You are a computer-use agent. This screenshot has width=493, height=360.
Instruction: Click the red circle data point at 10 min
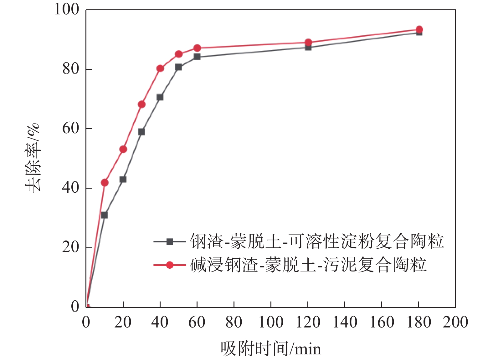(x=105, y=182)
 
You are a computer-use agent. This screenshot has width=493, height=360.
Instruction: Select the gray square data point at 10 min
(x=105, y=215)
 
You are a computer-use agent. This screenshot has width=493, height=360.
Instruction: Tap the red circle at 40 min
(x=160, y=68)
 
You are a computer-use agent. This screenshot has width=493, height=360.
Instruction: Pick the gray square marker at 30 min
(x=141, y=132)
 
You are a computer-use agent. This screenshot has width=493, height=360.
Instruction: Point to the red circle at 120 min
(x=308, y=42)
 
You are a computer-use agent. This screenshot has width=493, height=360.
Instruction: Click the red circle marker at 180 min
(x=419, y=30)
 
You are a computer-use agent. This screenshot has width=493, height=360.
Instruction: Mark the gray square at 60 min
(x=197, y=57)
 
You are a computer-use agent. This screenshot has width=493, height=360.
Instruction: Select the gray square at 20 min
(x=123, y=179)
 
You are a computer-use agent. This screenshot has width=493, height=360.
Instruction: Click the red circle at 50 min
(x=179, y=54)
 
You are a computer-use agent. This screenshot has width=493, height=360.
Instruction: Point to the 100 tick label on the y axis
(x=67, y=9)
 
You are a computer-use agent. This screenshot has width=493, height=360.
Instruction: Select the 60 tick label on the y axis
(x=71, y=128)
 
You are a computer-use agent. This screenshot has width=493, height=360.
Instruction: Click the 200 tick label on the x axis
(x=455, y=322)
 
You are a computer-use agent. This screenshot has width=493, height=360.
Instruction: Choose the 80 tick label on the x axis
(x=234, y=322)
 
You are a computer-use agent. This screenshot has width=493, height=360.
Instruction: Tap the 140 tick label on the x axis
(x=345, y=322)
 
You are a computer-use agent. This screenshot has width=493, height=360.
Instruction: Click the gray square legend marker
(x=170, y=241)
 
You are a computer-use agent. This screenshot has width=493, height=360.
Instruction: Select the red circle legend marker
(x=170, y=265)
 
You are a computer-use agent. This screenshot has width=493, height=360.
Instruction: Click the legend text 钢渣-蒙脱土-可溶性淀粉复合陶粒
(x=317, y=241)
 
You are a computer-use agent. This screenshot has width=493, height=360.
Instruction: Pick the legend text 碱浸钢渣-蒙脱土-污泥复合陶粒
(x=308, y=265)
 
